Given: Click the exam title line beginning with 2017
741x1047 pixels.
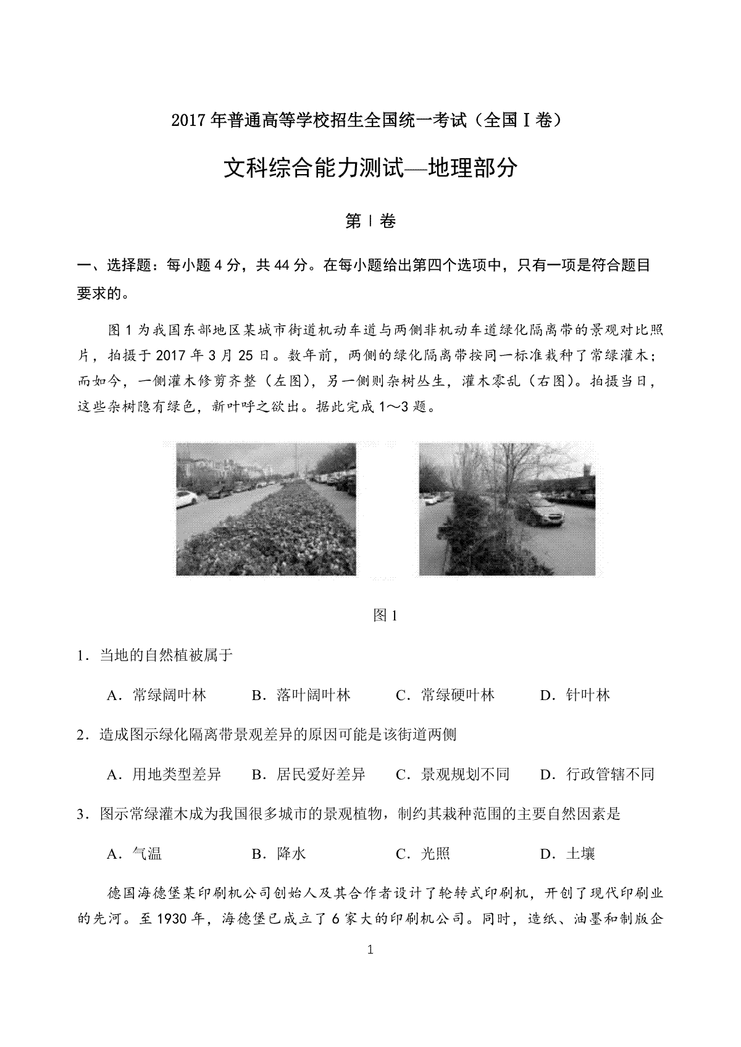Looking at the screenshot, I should [370, 120].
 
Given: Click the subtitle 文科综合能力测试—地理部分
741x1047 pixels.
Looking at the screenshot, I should [370, 168].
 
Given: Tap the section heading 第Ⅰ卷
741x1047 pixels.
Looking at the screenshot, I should [370, 222].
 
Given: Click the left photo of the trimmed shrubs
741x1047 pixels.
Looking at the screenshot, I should [266, 509].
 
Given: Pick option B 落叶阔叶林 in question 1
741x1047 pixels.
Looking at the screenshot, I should [301, 695].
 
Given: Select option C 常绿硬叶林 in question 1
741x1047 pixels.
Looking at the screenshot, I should [445, 695].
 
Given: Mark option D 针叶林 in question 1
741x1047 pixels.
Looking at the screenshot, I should [576, 695].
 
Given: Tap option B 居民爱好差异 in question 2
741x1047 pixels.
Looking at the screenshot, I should [309, 774].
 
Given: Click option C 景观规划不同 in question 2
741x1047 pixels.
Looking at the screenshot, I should [453, 774].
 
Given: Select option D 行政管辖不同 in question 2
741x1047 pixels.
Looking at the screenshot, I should [597, 774].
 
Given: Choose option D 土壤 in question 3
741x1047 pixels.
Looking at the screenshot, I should [567, 854].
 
